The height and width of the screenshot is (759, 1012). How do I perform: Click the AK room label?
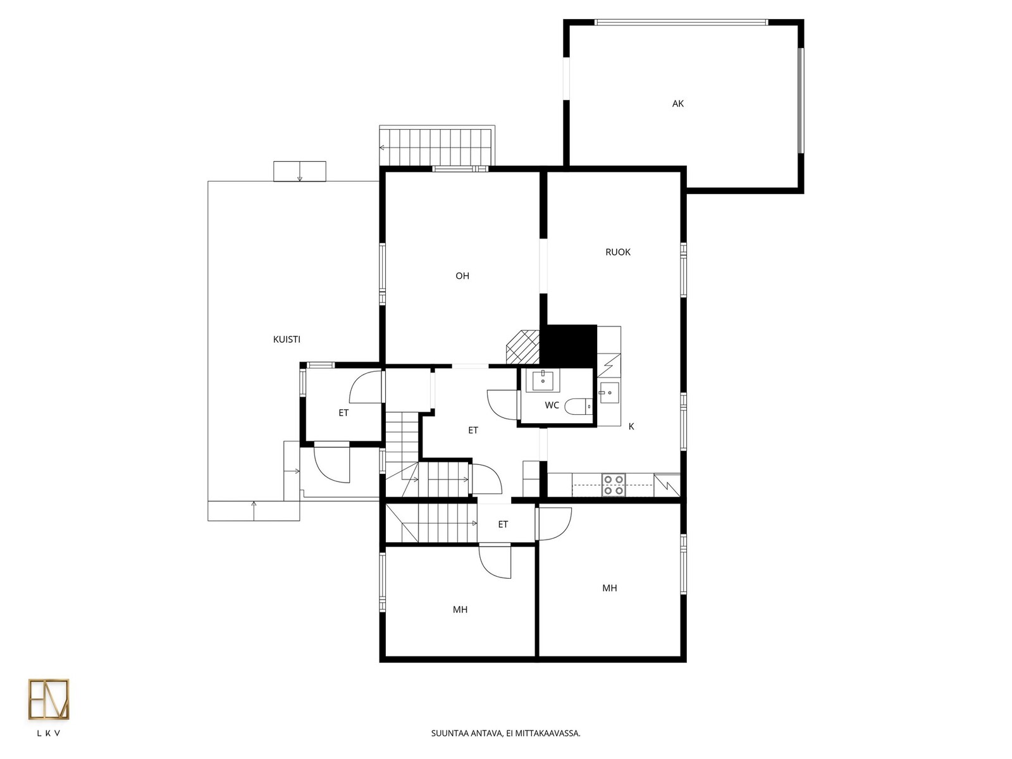(677, 104)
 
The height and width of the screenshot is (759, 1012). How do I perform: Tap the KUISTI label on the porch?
(287, 339)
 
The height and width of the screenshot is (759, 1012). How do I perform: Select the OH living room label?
(462, 276)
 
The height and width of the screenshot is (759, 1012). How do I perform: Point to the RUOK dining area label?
(617, 252)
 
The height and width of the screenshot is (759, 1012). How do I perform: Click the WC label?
(552, 405)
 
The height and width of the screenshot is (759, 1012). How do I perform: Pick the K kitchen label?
(631, 426)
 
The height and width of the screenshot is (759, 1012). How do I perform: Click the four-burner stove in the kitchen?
(613, 484)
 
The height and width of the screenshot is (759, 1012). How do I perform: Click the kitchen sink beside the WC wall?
(609, 393)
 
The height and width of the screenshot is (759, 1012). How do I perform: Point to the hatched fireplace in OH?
(523, 347)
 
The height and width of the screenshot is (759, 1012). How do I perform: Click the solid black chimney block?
(569, 346)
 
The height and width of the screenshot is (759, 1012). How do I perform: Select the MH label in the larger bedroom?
(609, 588)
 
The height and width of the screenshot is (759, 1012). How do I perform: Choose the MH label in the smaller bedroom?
(460, 610)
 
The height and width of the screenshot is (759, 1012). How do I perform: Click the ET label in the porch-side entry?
(343, 413)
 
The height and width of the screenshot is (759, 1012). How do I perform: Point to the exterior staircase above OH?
(436, 145)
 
